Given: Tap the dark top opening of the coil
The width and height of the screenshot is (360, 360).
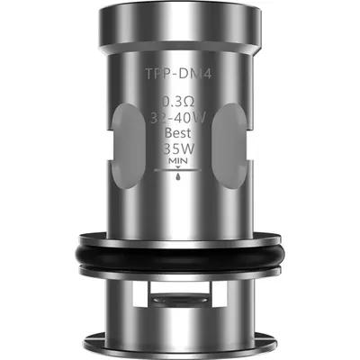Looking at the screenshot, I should point(180,11).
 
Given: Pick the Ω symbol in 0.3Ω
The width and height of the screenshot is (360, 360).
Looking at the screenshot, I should point(192,102).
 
